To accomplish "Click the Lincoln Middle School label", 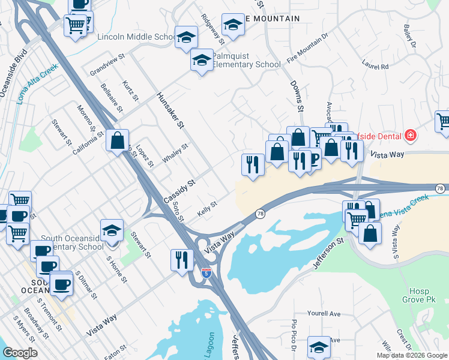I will [136, 37].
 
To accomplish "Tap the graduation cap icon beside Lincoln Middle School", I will [187, 37].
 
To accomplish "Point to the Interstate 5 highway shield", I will [206, 272].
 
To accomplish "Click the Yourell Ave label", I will [323, 314].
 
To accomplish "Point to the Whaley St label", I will [175, 154].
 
